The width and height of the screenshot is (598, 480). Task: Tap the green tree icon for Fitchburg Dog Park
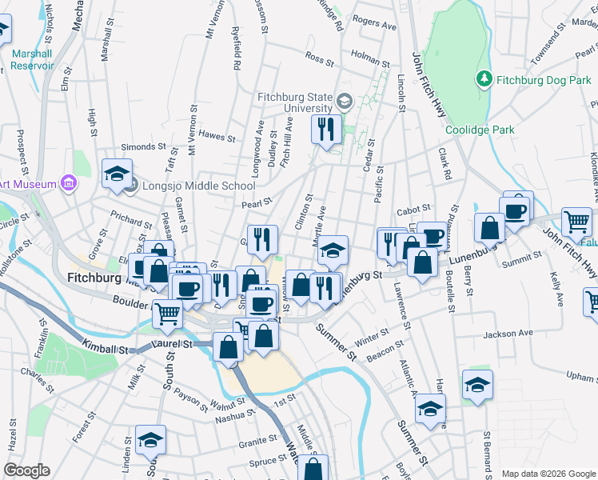point(484,79)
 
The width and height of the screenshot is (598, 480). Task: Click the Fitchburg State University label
point(294,102)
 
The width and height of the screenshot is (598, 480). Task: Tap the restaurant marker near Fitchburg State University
point(325,130)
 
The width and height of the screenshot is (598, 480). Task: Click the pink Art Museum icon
point(69,183)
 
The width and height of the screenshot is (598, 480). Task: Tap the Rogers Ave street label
point(374,24)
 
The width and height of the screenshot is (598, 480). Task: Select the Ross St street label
point(319,58)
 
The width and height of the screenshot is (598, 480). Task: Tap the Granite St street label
point(257,443)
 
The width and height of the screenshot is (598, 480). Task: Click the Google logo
point(26,470)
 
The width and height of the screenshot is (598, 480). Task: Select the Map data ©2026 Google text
point(548,474)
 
